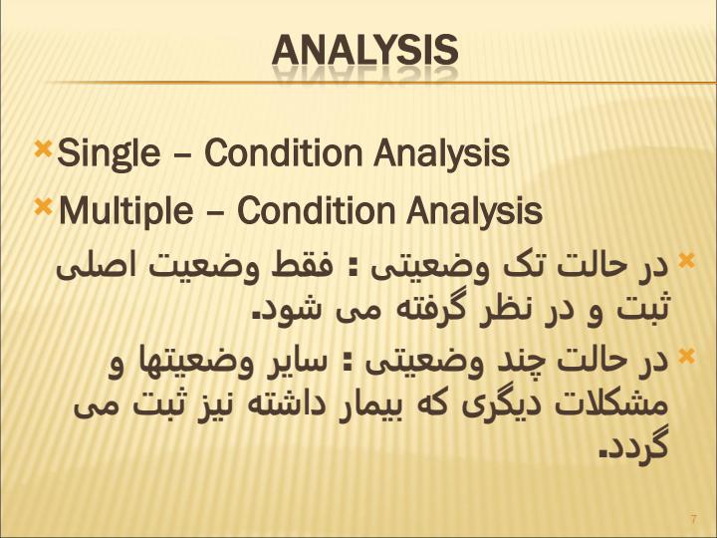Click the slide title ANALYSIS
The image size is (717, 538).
[364, 50]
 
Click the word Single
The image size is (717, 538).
[109, 153]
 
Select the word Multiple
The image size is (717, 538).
[125, 212]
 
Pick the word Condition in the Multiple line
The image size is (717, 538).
[316, 210]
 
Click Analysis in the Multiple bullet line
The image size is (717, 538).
[474, 212]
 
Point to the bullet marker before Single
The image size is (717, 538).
[43, 149]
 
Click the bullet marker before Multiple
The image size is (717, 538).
[43, 207]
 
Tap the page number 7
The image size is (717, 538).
[694, 519]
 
